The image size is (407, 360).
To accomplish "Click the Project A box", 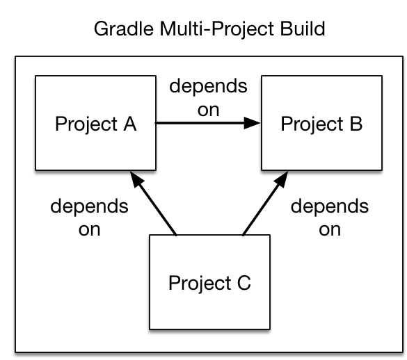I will coord(95,124).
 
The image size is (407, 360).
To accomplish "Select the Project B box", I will coord(321,124).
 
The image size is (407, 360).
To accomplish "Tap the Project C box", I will coord(209,282).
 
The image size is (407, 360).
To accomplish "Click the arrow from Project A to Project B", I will coord(202,124).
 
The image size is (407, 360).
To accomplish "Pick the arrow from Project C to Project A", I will coord(156,205).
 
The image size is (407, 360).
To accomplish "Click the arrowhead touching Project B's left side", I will coord(254,124).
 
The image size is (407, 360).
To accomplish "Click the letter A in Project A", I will coord(129,124).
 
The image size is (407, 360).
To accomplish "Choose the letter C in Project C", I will coord(244,284).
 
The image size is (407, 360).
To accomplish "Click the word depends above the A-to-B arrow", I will coord(208,87).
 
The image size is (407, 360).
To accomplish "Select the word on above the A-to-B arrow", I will coord(208,109).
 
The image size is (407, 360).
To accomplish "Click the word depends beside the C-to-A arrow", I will coord(89,207).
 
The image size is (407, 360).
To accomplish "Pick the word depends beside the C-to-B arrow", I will coord(329,207).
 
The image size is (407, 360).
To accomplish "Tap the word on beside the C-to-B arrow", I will coord(329,229).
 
